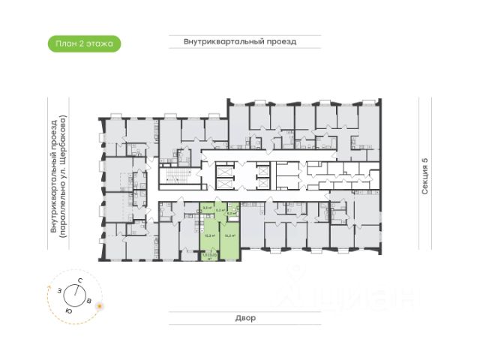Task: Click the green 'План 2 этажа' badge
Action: [84, 43]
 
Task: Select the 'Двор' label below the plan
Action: [244, 318]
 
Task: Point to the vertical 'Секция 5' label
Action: [424, 176]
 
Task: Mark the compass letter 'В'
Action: [91, 301]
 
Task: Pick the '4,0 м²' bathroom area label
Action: [232, 213]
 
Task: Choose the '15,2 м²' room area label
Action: [210, 235]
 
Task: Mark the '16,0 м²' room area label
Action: [231, 235]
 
